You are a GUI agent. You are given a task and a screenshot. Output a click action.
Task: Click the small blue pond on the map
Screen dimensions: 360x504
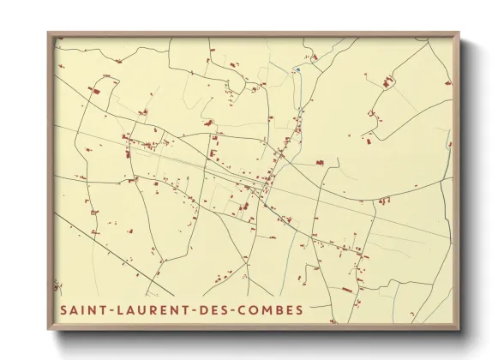click(297, 69)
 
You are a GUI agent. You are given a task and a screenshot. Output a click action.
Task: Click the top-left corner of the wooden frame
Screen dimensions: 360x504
click(48, 33)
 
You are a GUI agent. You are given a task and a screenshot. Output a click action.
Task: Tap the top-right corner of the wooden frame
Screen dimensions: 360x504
click(459, 33)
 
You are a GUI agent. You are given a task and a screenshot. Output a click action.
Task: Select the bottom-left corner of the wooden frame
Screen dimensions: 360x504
click(48, 330)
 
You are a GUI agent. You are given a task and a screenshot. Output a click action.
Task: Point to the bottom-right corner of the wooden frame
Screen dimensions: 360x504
click(459, 330)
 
